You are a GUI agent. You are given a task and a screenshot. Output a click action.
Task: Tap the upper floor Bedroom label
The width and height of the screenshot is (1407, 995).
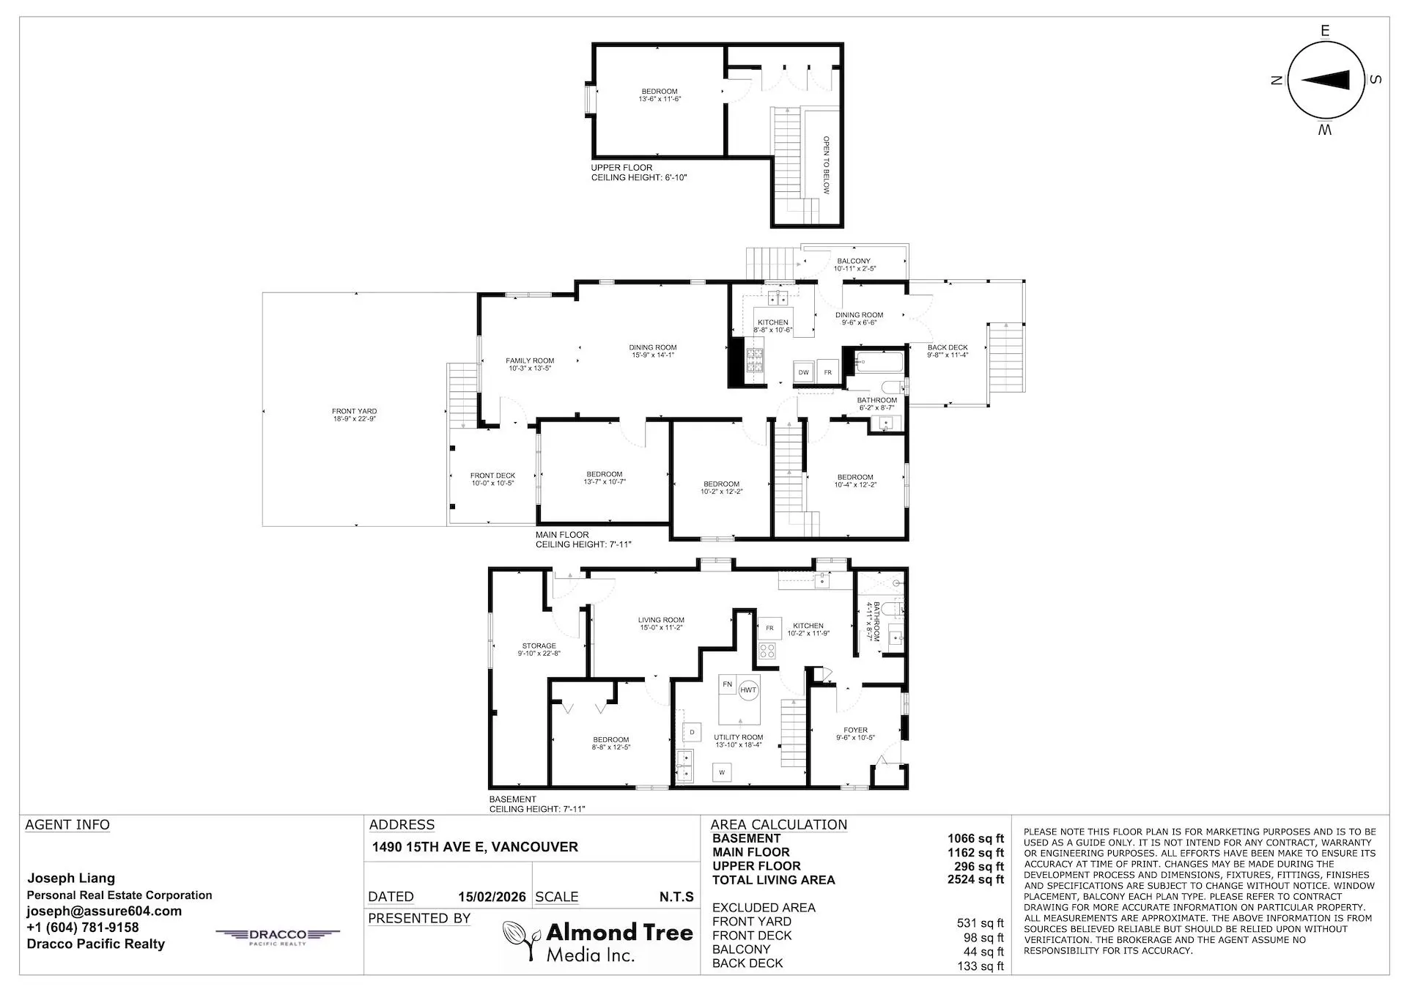point(659,95)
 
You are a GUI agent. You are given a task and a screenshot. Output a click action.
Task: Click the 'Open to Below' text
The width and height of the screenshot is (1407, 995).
point(826,165)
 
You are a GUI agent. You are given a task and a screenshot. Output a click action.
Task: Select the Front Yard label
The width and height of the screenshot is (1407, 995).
point(354,415)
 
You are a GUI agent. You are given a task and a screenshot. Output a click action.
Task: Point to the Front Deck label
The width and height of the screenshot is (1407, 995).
point(492,479)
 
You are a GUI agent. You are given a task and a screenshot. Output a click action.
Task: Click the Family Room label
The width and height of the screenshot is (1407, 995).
point(530,364)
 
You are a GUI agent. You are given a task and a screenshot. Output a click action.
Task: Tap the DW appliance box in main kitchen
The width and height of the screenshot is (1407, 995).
point(803,372)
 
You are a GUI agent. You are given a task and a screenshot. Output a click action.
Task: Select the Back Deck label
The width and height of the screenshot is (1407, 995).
point(947,351)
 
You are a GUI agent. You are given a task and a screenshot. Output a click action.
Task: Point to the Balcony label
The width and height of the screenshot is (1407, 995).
point(854,265)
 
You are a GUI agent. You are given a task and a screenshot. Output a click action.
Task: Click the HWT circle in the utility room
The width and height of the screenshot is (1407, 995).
point(748,690)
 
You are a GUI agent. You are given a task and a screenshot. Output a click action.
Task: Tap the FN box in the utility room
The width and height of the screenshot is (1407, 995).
point(727,684)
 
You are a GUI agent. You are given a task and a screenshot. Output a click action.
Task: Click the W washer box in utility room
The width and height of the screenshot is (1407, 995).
point(722,772)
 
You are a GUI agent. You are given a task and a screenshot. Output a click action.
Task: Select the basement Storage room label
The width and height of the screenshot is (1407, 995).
point(539,649)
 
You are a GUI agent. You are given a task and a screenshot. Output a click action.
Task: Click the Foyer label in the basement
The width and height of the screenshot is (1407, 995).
point(855,733)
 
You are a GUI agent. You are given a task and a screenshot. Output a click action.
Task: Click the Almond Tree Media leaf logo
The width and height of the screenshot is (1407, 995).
point(521,940)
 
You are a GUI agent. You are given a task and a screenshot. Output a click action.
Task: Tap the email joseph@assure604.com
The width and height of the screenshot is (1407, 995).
point(104,911)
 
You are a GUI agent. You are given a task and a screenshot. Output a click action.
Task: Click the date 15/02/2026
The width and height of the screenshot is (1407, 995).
point(492,897)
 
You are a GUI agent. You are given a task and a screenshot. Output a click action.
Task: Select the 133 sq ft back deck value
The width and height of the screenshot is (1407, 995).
point(980,966)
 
